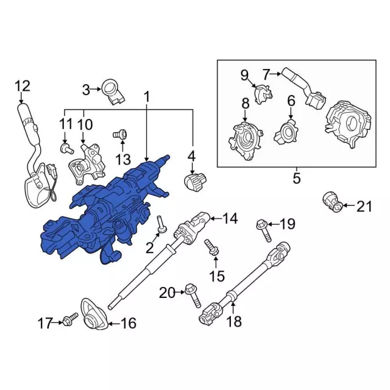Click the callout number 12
(x=22, y=86)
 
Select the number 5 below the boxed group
(x=297, y=179)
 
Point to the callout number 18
(x=235, y=321)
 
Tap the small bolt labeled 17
(x=71, y=317)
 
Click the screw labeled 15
(x=212, y=247)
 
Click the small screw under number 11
(x=65, y=147)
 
